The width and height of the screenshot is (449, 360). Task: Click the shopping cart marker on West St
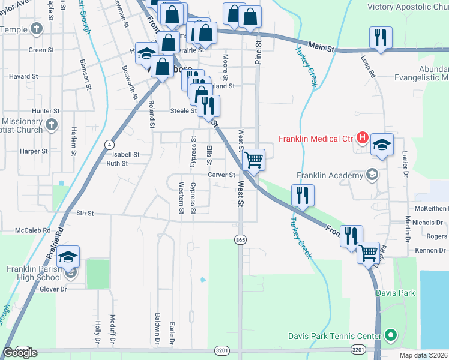(x=254, y=160)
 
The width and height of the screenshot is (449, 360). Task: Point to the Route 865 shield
(x=240, y=240)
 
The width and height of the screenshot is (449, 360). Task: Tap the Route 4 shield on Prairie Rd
(x=109, y=145)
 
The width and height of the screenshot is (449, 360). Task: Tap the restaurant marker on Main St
(x=380, y=38)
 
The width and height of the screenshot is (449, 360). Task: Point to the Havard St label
(x=23, y=77)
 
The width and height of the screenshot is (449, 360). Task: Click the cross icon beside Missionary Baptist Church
(x=52, y=125)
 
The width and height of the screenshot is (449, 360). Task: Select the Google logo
(x=20, y=353)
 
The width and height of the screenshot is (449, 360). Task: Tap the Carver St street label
(x=220, y=175)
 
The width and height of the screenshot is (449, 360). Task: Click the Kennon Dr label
(x=430, y=250)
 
